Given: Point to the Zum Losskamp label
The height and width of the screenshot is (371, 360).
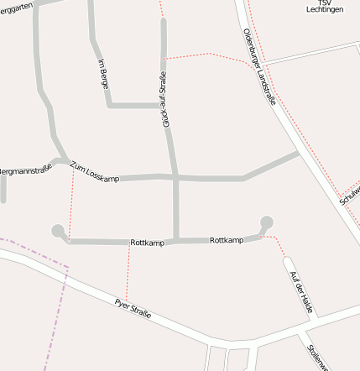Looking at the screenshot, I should pyautogui.click(x=95, y=173).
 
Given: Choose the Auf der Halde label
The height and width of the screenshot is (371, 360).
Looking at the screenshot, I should pyautogui.click(x=300, y=292).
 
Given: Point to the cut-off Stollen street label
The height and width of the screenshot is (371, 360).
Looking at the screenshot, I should pyautogui.click(x=315, y=356).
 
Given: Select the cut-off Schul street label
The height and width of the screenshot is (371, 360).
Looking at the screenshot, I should pyautogui.click(x=349, y=196).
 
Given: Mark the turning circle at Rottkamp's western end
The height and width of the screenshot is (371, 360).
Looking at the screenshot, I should pyautogui.click(x=58, y=231).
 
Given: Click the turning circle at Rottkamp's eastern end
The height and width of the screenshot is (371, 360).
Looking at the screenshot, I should pyautogui.click(x=267, y=222).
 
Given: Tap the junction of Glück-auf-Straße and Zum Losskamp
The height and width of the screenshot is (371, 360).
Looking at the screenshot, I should pyautogui.click(x=175, y=177).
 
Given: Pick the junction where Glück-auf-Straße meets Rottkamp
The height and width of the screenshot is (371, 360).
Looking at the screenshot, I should pyautogui.click(x=176, y=241).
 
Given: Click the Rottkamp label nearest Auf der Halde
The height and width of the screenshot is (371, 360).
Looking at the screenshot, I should pyautogui.click(x=227, y=241).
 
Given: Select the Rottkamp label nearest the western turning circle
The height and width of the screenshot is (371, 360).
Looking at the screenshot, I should pyautogui.click(x=147, y=243).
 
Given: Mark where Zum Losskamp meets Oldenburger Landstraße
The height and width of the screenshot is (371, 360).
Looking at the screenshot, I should pyautogui.click(x=298, y=154).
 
